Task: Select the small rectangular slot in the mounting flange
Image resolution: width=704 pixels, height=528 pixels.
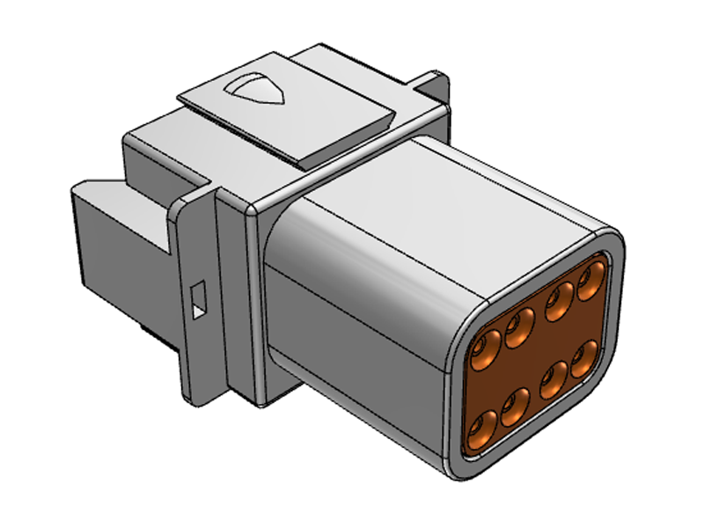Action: (197, 298)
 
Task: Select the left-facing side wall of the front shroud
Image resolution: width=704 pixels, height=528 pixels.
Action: (352, 334)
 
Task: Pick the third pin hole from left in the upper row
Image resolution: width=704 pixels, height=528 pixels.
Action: (558, 301)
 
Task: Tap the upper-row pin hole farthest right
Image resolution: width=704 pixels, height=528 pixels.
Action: (590, 282)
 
